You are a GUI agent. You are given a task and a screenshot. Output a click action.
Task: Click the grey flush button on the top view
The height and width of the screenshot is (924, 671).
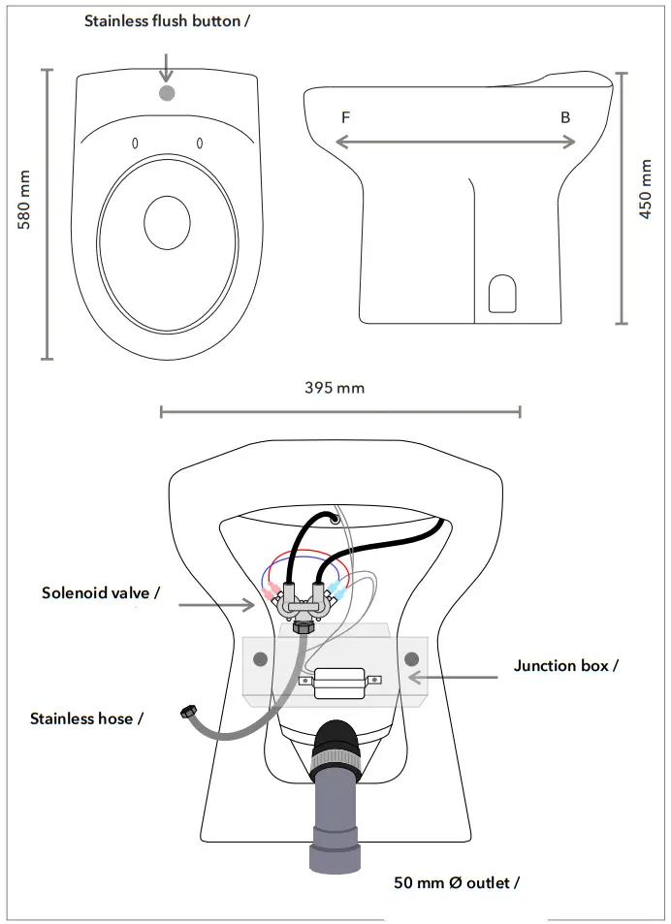pos(166,93)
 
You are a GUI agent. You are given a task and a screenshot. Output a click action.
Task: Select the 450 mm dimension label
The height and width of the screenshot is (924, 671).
pos(646,198)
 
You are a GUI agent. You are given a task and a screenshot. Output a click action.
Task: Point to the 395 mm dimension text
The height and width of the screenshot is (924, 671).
pos(335,388)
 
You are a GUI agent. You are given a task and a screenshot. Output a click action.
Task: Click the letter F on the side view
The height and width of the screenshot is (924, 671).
pos(345,117)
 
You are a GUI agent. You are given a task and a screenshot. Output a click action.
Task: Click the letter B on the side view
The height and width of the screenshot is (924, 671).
pos(565,117)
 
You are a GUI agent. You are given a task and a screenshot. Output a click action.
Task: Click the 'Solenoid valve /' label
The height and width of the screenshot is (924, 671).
pos(101,591)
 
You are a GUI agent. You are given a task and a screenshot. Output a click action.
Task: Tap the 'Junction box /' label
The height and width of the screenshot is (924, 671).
pos(565,665)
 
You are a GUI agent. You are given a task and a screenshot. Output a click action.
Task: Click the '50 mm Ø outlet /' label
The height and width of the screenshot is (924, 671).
pos(456,882)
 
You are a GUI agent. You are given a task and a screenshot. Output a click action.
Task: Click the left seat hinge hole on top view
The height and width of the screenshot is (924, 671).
pos(135,143)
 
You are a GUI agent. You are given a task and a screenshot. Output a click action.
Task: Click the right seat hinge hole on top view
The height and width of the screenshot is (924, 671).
pos(200,143)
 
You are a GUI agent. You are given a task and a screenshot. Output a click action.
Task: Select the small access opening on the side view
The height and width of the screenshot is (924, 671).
pos(501,294)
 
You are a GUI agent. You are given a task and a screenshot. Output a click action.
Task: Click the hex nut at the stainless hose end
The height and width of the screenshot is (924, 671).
pos(184,715)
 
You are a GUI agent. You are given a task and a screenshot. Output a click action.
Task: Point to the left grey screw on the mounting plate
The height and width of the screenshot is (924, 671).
pos(259,658)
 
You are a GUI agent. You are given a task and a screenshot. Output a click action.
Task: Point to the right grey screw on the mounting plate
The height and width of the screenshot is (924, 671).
pos(410,658)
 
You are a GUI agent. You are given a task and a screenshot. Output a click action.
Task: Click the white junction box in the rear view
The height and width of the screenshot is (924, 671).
pos(338,682)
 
